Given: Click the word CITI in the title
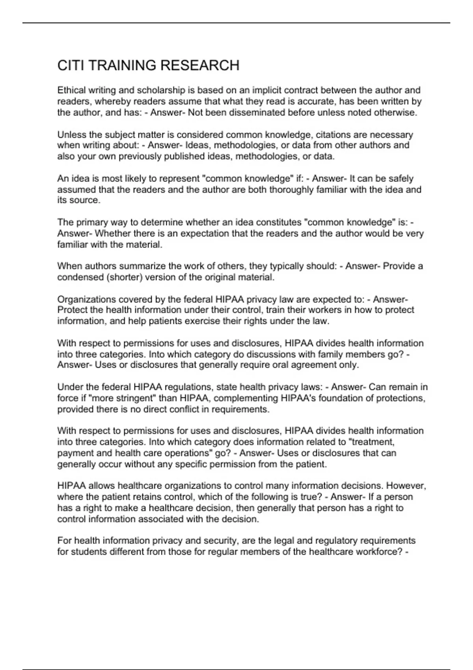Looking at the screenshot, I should pyautogui.click(x=71, y=65).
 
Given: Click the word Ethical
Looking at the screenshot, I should pyautogui.click(x=71, y=90).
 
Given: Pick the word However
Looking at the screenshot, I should pyautogui.click(x=407, y=486).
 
